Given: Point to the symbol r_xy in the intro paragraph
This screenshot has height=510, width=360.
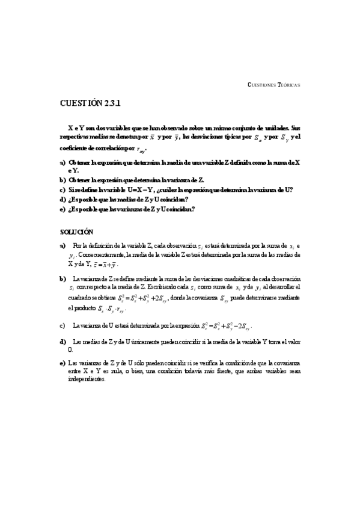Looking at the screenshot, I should [x=140, y=150].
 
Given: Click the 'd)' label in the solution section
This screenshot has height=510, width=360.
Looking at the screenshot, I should [x=63, y=342].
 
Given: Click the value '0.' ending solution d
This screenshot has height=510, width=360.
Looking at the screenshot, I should [x=71, y=349].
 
